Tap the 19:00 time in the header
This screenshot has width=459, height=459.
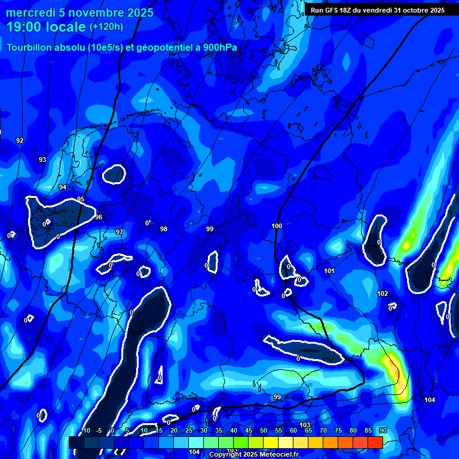(x=23, y=26)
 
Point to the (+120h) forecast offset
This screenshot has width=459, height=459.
(x=106, y=27)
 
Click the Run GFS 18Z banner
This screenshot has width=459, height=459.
(x=377, y=10)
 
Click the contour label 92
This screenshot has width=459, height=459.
(x=20, y=140)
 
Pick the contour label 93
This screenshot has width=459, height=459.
(x=42, y=160)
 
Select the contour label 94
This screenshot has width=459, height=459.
(x=63, y=187)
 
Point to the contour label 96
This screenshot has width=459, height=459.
(x=99, y=217)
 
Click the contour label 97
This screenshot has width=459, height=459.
(x=120, y=232)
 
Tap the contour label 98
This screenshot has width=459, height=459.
(x=164, y=229)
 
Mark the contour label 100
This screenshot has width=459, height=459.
(x=277, y=226)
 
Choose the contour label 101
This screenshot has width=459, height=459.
(x=329, y=271)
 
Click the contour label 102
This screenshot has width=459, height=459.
(x=382, y=293)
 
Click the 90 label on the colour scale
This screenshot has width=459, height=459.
(x=382, y=431)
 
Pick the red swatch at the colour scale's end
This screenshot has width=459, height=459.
(x=375, y=442)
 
